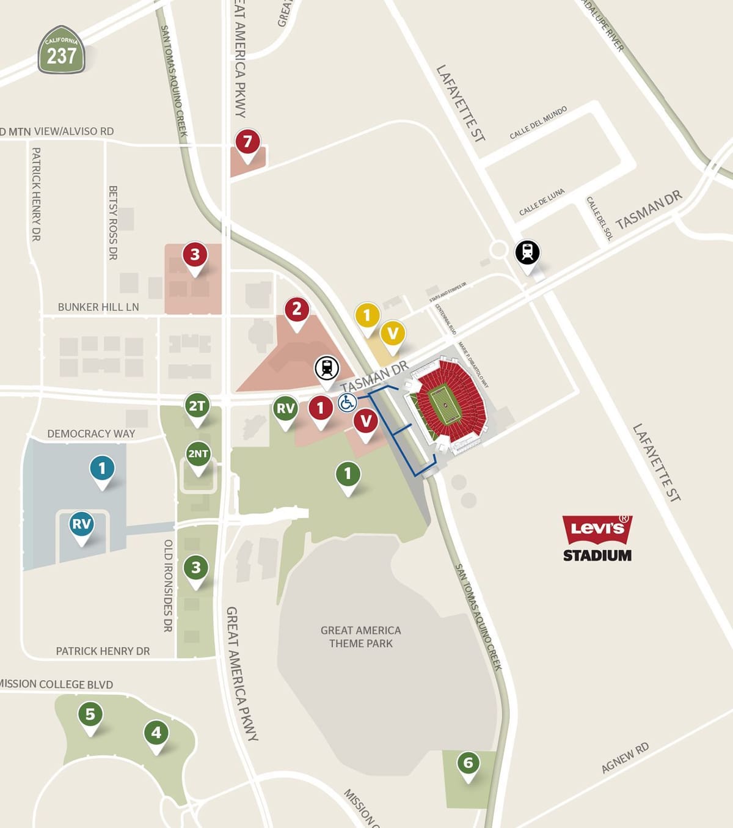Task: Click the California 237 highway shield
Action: pos(61,50)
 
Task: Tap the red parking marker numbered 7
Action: pos(247,143)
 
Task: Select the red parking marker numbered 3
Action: pos(195,255)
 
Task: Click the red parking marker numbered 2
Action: pos(297,310)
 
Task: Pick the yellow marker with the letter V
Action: pos(393,334)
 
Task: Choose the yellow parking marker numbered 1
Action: pos(367,316)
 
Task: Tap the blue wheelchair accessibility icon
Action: pos(347,403)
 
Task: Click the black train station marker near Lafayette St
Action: pos(528,252)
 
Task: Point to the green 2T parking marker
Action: pos(197,406)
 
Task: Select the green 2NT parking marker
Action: pos(198,455)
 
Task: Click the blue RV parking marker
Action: pos(81,524)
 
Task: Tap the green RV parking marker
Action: pos(285,409)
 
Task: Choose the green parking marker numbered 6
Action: pos(468,763)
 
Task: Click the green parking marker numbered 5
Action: pos(90,714)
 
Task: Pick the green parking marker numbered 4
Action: pos(156,733)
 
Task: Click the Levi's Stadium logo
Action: pos(597,538)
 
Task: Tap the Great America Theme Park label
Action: pos(361,637)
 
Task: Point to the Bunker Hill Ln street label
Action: pos(98,307)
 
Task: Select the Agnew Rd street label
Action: pos(625,758)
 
